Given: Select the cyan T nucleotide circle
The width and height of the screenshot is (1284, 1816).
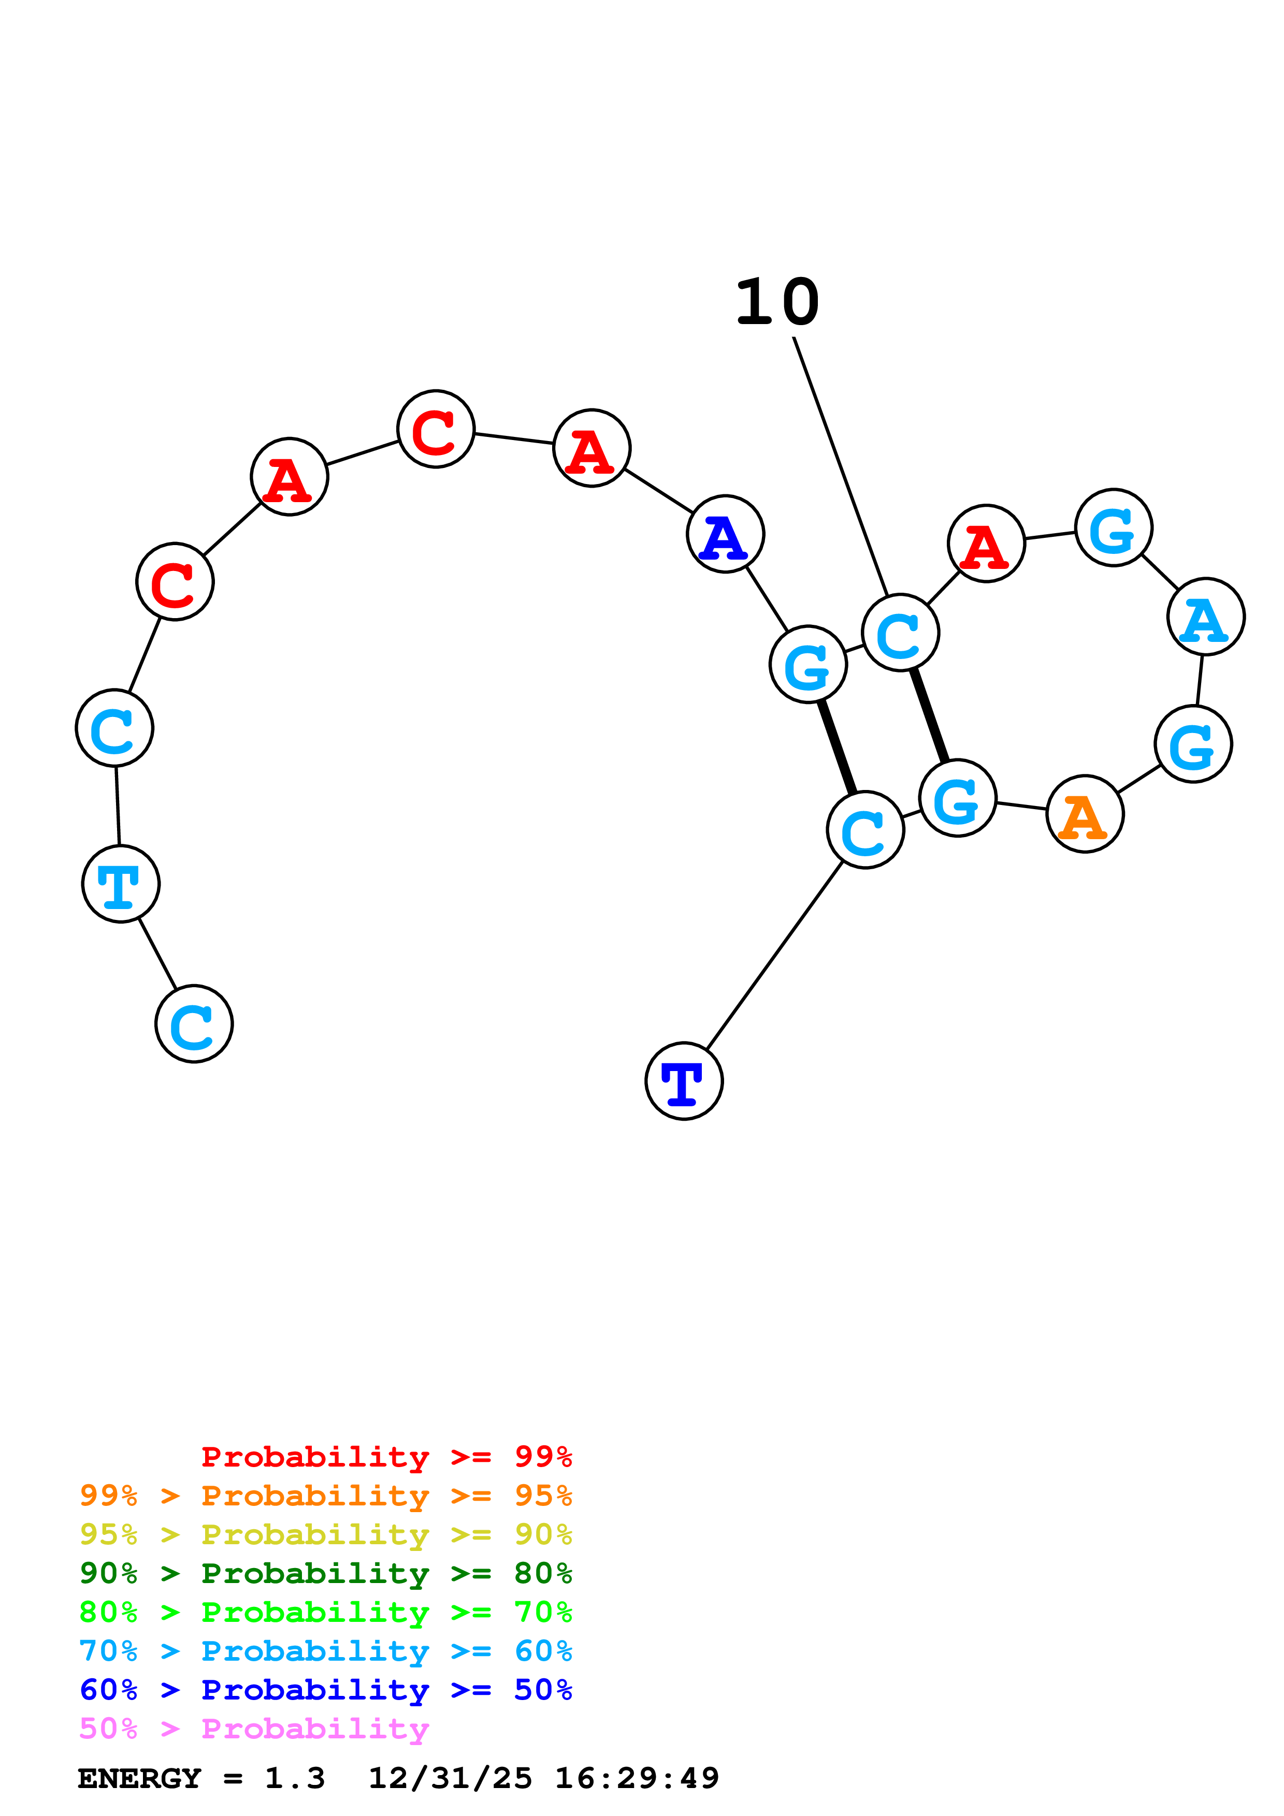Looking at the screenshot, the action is tap(120, 884).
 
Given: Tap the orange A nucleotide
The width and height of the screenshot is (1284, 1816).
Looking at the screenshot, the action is tap(1085, 814).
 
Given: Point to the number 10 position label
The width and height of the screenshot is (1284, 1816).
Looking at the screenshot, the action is tap(777, 302).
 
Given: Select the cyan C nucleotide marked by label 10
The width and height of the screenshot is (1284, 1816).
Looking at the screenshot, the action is tap(900, 633).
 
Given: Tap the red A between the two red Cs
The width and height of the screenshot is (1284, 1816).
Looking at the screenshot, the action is tap(289, 476).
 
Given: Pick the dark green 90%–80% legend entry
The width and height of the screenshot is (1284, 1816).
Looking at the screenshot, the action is tap(325, 1573).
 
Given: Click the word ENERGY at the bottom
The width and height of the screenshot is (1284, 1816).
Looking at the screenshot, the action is tap(139, 1778).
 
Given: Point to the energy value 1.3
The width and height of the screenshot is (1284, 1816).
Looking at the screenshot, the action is tap(294, 1778).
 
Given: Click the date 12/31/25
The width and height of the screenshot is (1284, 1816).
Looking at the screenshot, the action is tap(450, 1778).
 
